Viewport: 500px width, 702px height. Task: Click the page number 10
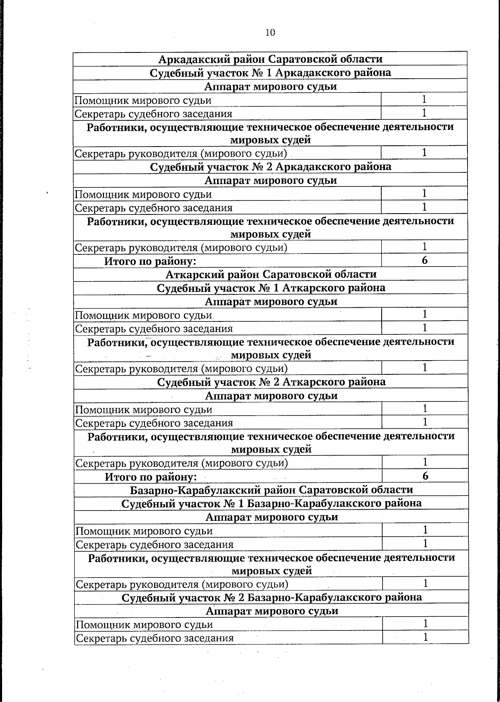[270, 32]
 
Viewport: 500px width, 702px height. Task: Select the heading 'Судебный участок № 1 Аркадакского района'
[270, 73]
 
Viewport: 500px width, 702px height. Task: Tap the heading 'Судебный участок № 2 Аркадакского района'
[270, 167]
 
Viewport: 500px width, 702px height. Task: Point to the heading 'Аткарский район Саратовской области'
[271, 274]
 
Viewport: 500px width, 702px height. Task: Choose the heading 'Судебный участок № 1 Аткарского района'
[271, 288]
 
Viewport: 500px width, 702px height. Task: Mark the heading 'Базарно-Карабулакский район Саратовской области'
[271, 490]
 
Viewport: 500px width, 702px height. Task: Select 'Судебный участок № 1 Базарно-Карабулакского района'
[271, 503]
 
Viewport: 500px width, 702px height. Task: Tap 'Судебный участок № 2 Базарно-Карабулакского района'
[272, 597]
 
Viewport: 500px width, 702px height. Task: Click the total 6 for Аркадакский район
[425, 260]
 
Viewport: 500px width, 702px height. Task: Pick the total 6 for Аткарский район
[425, 476]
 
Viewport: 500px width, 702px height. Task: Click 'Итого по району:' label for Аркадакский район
[150, 261]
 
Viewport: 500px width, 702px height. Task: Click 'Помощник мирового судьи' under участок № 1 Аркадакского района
[143, 100]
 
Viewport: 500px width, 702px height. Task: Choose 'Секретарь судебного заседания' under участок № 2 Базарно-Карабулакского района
[155, 638]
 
